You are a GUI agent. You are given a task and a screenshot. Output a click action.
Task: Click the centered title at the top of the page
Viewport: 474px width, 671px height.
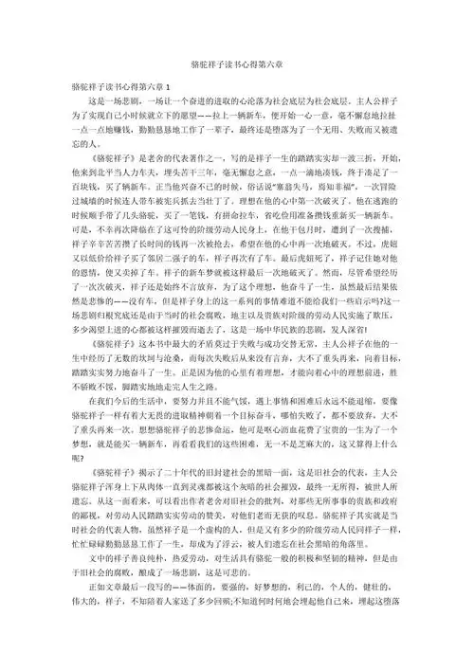[x=237, y=62]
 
